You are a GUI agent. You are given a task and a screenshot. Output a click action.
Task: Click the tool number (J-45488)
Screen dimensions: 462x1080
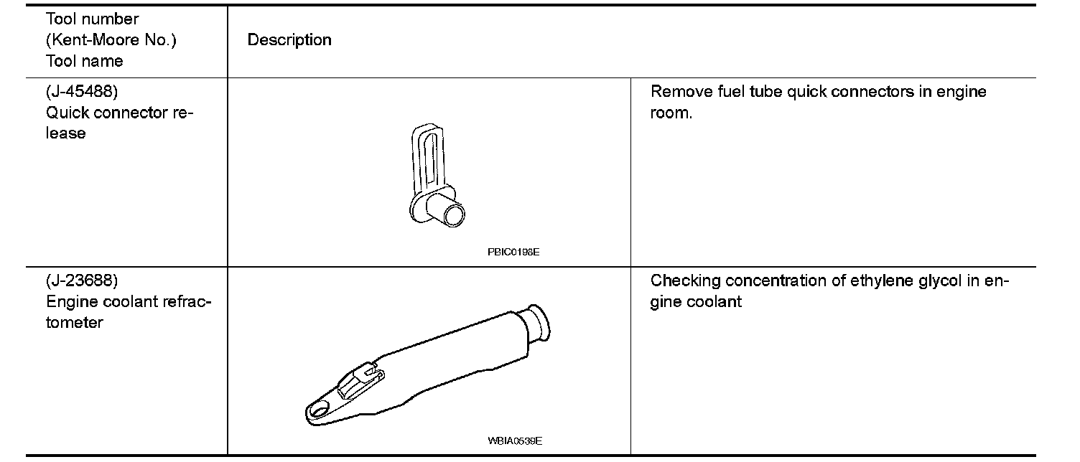tap(81, 92)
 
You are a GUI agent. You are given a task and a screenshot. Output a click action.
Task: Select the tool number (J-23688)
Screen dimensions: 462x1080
tap(81, 280)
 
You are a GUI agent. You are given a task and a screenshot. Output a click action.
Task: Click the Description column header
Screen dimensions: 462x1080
tap(289, 40)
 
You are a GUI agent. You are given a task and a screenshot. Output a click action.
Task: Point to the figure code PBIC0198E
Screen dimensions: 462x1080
tap(513, 253)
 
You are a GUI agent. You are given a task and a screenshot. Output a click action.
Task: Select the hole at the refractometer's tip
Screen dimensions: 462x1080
tap(318, 410)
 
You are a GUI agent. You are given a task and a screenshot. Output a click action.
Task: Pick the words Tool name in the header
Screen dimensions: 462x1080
tap(84, 61)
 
